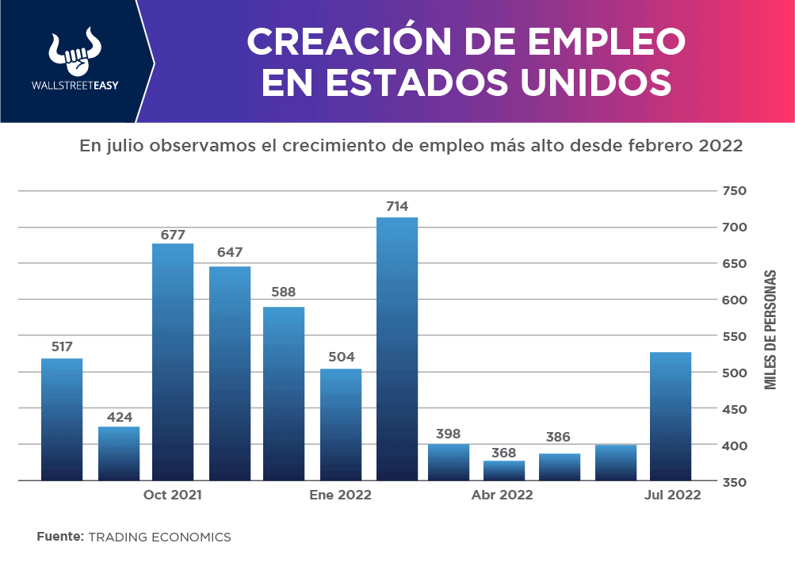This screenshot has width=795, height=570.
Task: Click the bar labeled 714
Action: click(397, 349)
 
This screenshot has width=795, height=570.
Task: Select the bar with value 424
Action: click(119, 453)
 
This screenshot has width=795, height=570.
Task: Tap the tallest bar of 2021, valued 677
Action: click(173, 362)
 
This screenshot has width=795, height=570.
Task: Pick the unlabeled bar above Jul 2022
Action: click(670, 416)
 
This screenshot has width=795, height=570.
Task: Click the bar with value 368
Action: click(505, 470)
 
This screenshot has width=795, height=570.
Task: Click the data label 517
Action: click(62, 346)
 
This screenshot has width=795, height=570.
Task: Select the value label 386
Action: click(558, 437)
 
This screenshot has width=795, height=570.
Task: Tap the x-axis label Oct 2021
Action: click(172, 495)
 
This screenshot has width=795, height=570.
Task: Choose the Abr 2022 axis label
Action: click(502, 495)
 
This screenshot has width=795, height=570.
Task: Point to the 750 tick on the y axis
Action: click(734, 191)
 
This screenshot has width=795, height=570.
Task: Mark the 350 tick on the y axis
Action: click(734, 482)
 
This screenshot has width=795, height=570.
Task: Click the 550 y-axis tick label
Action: click(734, 337)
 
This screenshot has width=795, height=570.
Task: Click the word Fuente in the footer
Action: click(60, 537)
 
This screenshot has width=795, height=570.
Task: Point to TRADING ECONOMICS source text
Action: click(159, 537)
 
